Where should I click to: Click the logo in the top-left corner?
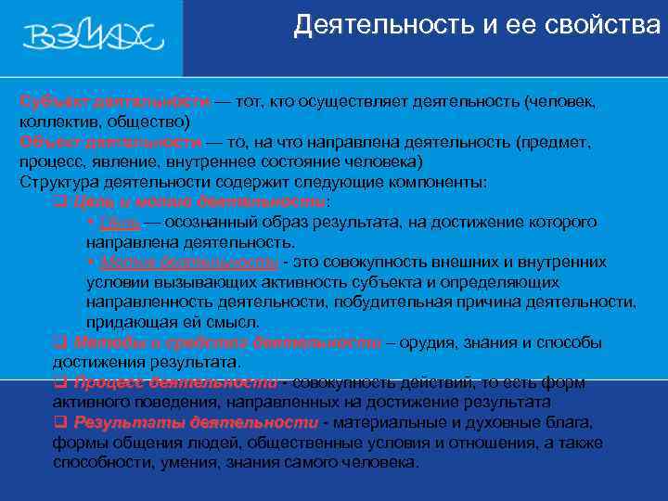pyautogui.click(x=94, y=38)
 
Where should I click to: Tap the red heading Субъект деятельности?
pyautogui.click(x=111, y=101)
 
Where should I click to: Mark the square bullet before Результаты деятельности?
pyautogui.click(x=60, y=422)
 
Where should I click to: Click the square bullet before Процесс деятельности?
pyautogui.click(x=60, y=382)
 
